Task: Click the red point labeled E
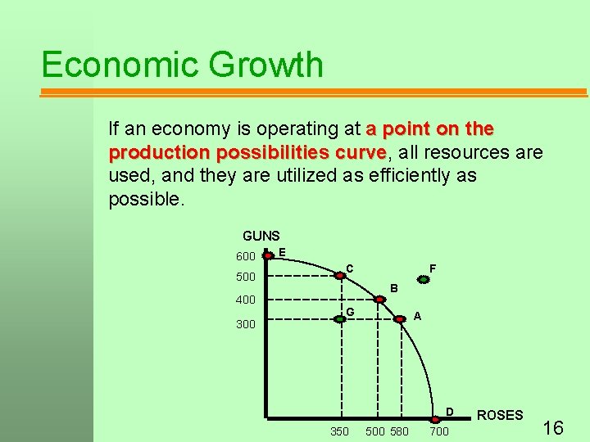266,255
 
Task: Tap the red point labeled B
377,298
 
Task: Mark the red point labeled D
435,418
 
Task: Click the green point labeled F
423,279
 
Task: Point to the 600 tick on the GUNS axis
246,256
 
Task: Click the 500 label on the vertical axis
246,277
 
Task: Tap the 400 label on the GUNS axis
246,300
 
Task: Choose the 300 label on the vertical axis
246,324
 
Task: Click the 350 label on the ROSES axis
338,431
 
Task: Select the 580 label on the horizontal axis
399,431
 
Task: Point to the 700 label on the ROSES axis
439,431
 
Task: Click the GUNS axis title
261,236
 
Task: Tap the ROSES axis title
499,415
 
